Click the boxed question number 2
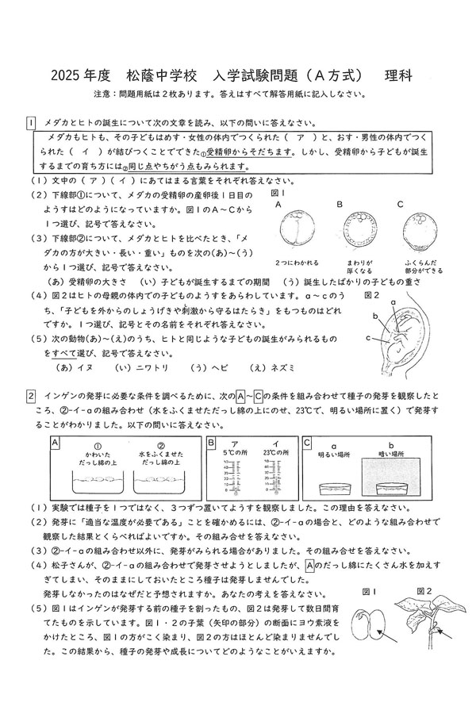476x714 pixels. coord(30,395)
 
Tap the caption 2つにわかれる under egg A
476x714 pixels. coord(296,262)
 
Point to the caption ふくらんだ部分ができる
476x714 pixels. coord(413,267)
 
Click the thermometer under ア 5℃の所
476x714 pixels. coord(234,481)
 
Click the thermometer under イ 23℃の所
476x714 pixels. coord(268,481)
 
